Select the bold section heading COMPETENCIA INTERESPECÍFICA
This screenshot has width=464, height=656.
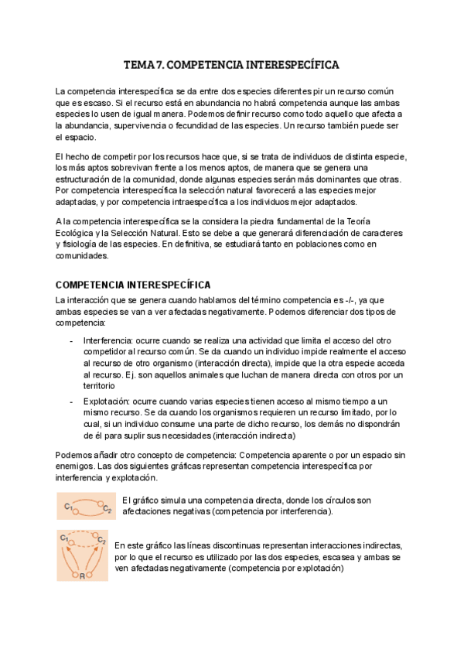[x=133, y=285]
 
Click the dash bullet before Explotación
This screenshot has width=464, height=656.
[x=72, y=401]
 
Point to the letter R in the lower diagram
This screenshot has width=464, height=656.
[x=83, y=576]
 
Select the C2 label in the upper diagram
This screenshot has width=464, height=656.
[x=107, y=511]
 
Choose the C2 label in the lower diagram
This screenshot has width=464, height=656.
[x=101, y=538]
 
